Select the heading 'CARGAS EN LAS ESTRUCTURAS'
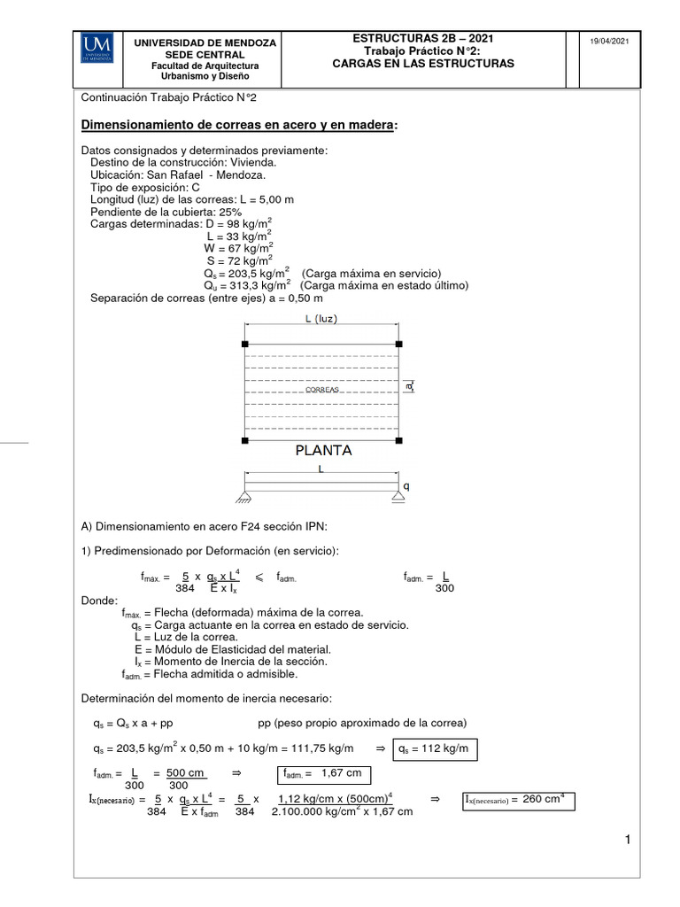422,64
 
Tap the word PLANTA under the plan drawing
323,450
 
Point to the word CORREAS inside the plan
322,390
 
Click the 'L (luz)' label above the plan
321,319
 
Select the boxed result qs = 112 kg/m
437,750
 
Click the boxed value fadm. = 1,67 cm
322,774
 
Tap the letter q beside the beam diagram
406,485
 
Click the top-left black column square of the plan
245,343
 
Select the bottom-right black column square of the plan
398,438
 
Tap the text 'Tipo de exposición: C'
145,188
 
